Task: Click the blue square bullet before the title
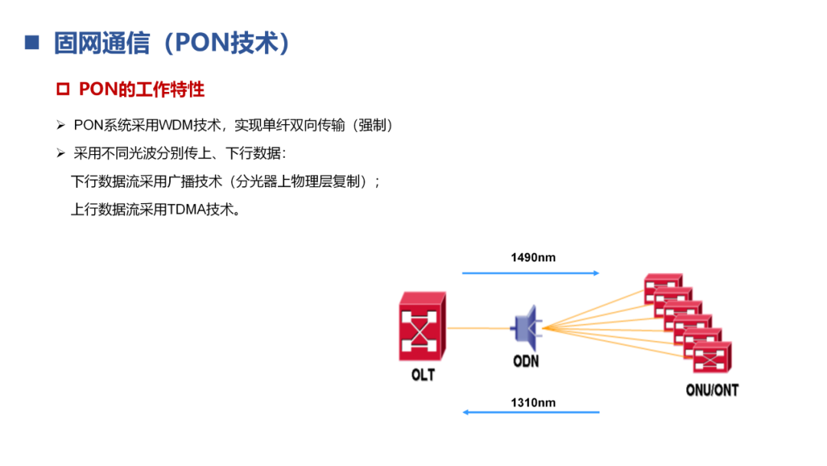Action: click(31, 42)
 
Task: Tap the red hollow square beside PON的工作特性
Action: click(64, 90)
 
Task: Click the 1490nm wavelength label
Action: click(533, 258)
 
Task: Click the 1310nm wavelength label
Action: click(533, 402)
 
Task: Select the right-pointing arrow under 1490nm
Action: click(530, 272)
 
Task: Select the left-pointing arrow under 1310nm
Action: click(530, 412)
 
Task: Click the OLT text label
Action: click(422, 375)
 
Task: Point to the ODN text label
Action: click(525, 359)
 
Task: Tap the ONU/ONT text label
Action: click(711, 390)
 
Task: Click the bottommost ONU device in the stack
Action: click(712, 356)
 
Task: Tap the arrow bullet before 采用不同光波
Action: click(61, 153)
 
